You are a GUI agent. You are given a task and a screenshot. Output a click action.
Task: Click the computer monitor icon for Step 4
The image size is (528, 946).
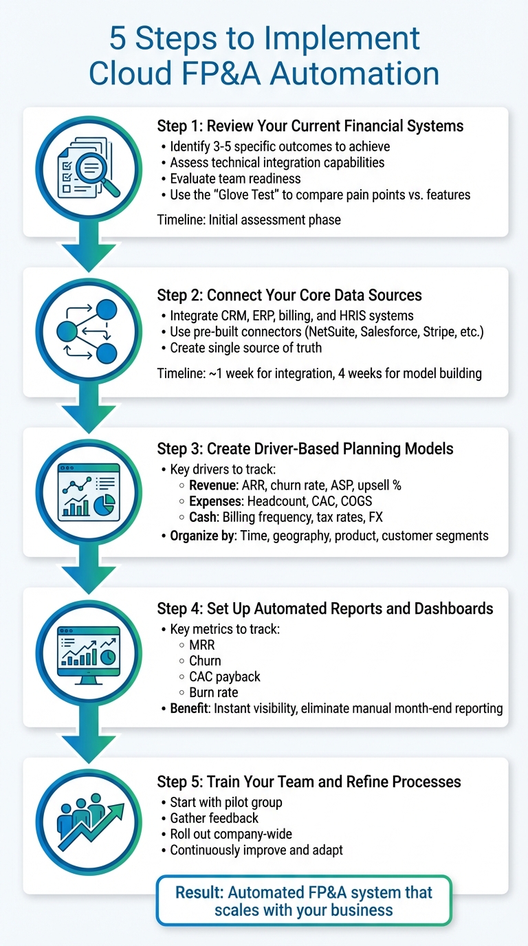click(x=88, y=652)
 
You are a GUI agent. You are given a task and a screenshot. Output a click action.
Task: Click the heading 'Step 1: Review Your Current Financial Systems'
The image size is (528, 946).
click(x=310, y=126)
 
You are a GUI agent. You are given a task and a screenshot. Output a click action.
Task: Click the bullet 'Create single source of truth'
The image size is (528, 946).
click(x=245, y=348)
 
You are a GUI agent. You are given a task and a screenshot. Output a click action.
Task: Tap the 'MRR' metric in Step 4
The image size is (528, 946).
click(x=202, y=645)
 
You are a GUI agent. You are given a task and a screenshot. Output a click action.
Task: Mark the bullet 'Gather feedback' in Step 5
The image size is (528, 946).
click(x=214, y=818)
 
